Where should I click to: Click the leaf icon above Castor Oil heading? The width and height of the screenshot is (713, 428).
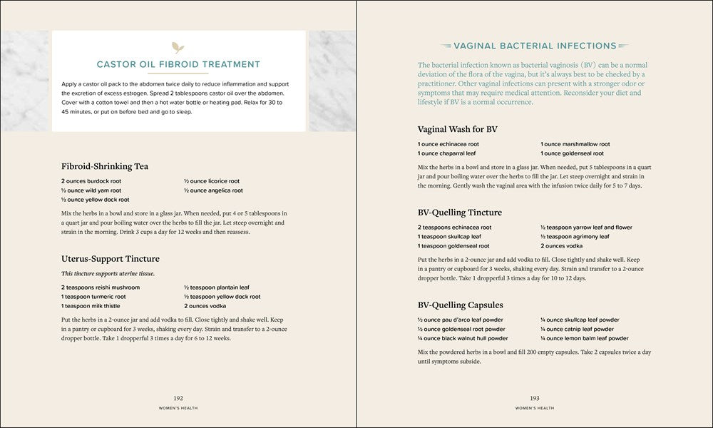pos(178,49)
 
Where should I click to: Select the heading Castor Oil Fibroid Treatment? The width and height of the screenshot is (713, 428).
pos(178,64)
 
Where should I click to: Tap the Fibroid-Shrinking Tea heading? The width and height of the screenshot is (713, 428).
pos(105,166)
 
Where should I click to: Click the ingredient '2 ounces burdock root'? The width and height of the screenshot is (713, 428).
pos(91,181)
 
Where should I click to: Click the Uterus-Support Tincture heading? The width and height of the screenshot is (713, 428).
pos(111,258)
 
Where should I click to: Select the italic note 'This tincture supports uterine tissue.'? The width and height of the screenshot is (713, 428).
pos(108,273)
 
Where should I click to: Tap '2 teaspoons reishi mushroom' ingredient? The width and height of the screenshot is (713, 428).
pos(101,287)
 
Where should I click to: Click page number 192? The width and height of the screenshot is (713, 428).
pos(178,398)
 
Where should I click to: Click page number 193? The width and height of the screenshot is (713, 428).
pos(534,398)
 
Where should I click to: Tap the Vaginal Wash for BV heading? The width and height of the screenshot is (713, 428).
pos(457,129)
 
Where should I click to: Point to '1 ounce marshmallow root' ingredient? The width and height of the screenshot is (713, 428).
pos(575,144)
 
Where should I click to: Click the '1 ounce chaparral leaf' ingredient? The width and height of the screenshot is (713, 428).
pos(447,153)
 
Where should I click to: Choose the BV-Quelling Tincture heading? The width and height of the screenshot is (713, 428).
pos(460,212)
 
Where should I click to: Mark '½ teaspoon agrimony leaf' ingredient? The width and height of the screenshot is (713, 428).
pos(575,236)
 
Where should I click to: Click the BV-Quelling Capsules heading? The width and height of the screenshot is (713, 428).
pos(461,305)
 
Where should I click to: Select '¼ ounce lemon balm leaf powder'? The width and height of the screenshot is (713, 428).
pos(584,338)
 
